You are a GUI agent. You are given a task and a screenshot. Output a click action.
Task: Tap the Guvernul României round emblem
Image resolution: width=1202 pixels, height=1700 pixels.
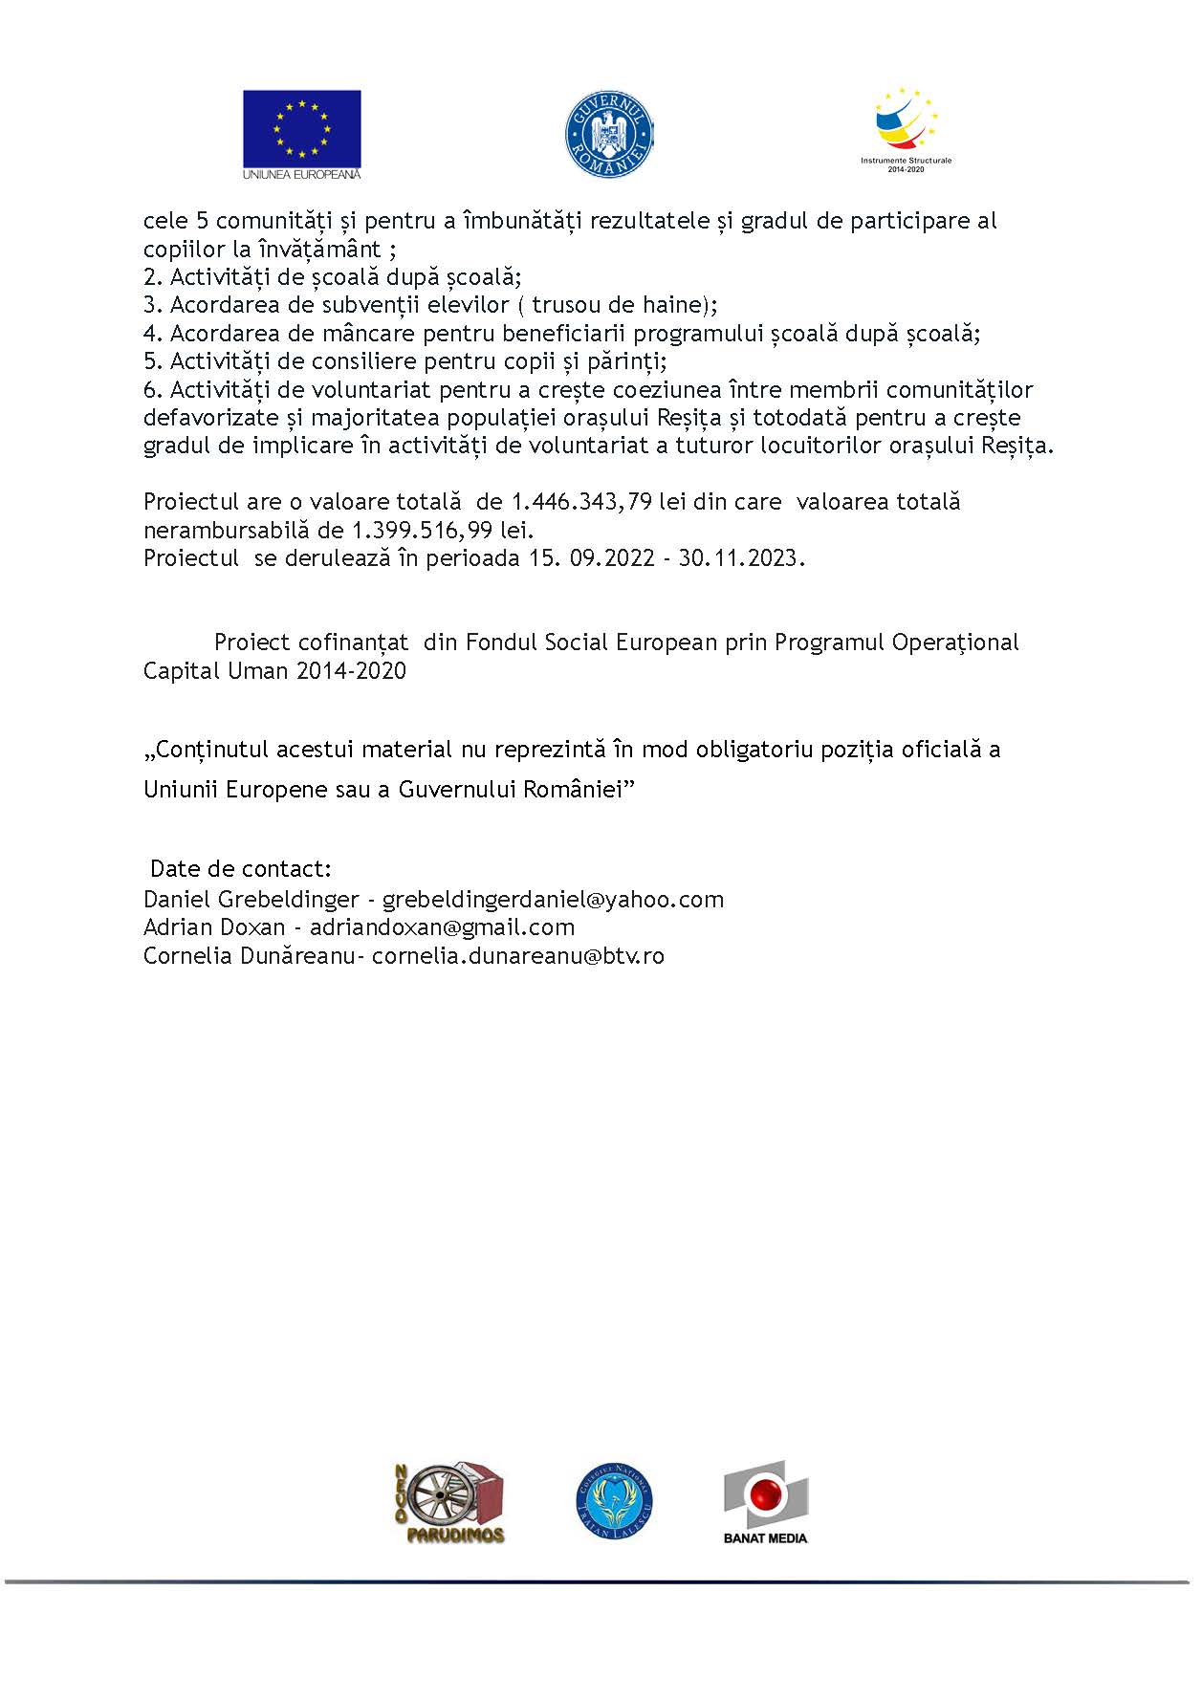click(609, 134)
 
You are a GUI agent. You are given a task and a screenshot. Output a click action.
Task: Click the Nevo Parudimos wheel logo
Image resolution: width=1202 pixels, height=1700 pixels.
click(449, 1501)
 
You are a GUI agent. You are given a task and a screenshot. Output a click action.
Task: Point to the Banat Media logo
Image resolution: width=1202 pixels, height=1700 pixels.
click(765, 1501)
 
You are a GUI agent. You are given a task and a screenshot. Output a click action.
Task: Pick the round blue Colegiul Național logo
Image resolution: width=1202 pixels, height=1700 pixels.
click(615, 1501)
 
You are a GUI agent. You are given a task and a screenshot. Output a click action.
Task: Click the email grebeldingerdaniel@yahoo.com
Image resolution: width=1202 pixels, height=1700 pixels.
click(553, 900)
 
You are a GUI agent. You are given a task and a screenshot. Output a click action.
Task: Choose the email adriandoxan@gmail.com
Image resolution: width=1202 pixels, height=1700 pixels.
click(442, 927)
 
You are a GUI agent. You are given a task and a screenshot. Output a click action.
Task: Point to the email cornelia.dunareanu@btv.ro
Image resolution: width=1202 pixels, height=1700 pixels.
click(517, 956)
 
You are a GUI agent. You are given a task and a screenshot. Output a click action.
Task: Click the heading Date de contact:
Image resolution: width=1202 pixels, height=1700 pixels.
click(241, 869)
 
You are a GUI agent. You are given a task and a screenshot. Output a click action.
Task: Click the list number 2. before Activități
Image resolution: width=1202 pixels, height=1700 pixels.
click(153, 277)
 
